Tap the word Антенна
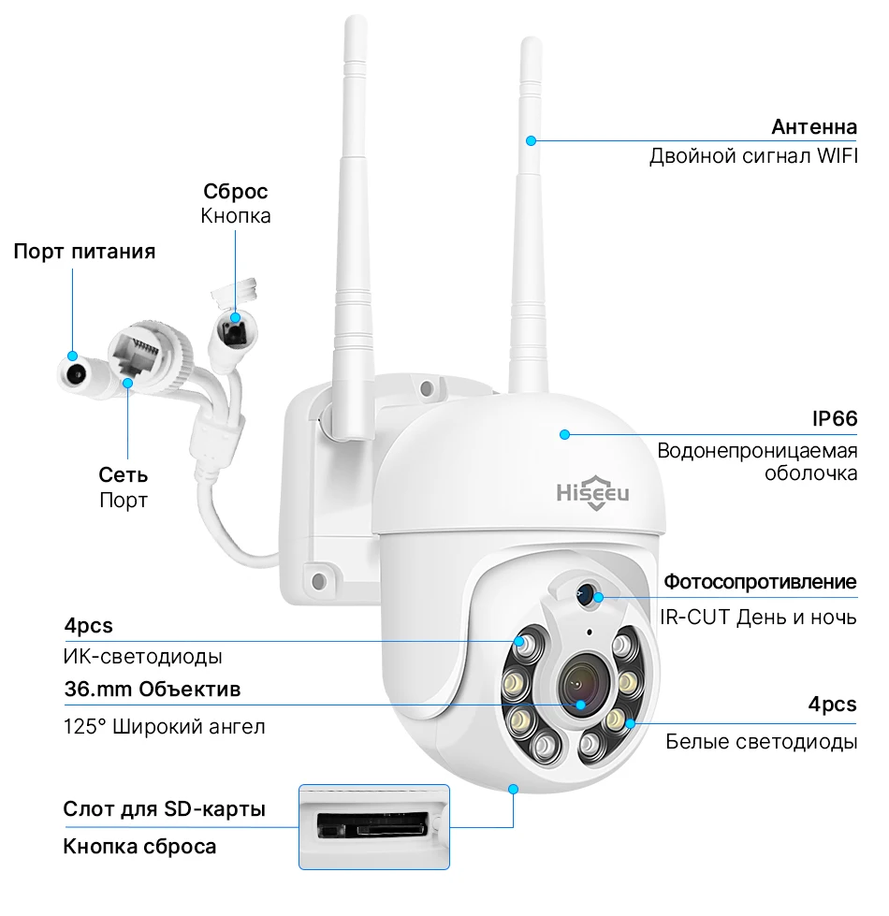point(813,126)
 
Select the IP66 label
point(834,418)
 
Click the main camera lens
point(580,689)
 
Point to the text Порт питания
point(84,251)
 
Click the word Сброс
point(236,192)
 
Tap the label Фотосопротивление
point(760,582)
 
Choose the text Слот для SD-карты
point(165,808)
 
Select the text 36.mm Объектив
point(153,690)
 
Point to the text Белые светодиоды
point(761,742)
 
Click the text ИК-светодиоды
point(143,656)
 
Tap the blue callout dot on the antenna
point(530,140)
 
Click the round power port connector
point(73,374)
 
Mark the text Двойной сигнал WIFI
point(752,155)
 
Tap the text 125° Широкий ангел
point(165,726)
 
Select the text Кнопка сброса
point(139,847)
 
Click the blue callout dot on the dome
point(564,433)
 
